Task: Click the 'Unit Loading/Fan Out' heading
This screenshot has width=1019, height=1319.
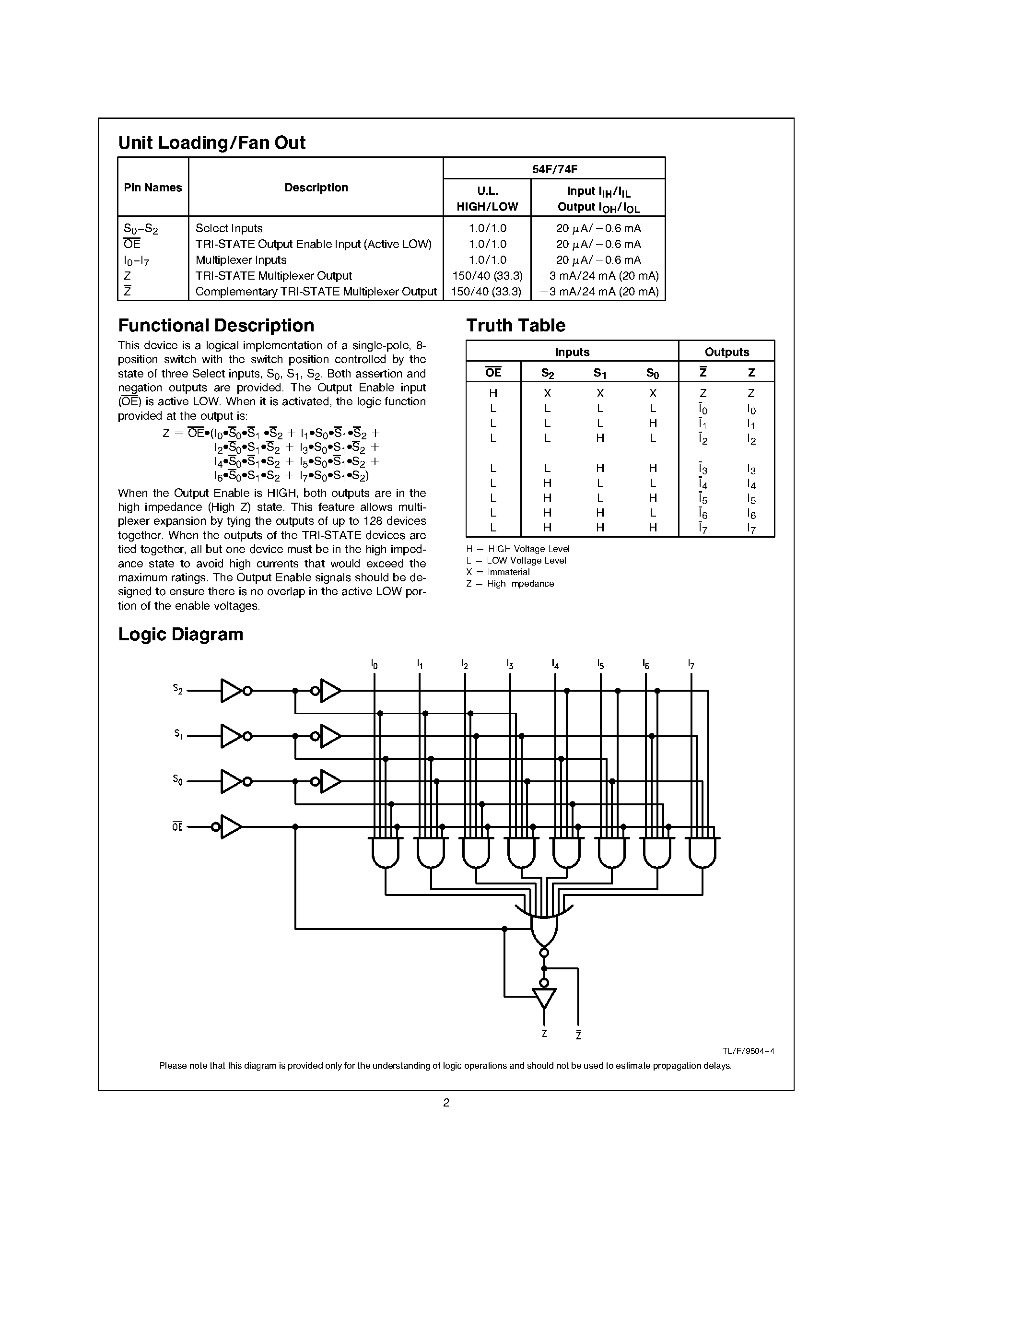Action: tap(211, 142)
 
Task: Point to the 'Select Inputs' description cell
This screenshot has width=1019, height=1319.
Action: tap(229, 228)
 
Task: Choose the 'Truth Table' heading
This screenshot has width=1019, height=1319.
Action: tap(515, 326)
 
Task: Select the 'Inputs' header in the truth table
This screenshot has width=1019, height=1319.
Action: tap(572, 352)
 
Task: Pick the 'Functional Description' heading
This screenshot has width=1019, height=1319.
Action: tap(216, 326)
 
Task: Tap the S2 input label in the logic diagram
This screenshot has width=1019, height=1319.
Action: tap(177, 689)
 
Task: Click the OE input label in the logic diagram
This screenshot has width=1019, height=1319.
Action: tap(177, 827)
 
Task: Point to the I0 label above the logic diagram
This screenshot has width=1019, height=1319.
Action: tap(375, 665)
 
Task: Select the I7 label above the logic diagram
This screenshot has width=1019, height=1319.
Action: tap(691, 665)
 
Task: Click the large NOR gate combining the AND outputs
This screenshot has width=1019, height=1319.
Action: tap(544, 930)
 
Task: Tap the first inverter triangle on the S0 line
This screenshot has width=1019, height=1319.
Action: tap(231, 781)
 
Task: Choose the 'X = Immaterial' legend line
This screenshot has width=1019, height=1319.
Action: tap(498, 572)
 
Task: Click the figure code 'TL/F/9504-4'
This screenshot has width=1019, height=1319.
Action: tap(748, 1051)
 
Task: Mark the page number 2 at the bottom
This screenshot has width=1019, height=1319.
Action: tap(446, 1103)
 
